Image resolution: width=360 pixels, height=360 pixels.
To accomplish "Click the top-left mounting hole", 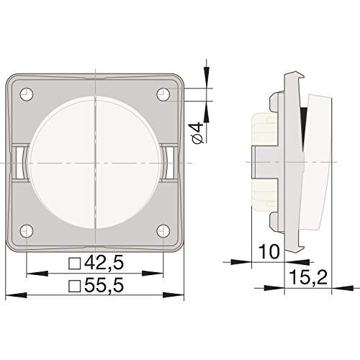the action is tap(27, 94).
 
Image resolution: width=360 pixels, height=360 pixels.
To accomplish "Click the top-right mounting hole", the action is tap(163, 94).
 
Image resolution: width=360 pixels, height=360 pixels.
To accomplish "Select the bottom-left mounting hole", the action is tap(27, 231).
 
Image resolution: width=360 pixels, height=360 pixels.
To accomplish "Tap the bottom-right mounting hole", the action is tap(163, 231).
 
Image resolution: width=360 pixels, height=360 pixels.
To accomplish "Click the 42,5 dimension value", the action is tap(104, 263).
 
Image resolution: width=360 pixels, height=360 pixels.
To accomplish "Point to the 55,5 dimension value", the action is tap(104, 285).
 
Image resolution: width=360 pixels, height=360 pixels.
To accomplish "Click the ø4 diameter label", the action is tap(198, 133).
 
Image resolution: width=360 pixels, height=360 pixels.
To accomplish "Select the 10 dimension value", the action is tap(269, 251).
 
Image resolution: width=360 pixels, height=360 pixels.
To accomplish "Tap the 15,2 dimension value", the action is tap(308, 276).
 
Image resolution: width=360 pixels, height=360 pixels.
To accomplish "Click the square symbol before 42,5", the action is tap(74, 264).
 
